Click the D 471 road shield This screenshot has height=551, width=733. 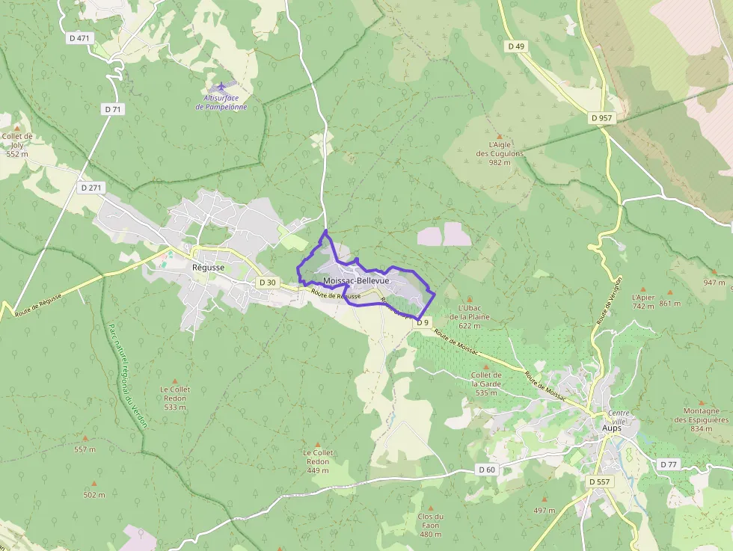(78, 38)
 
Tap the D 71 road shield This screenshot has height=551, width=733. (113, 109)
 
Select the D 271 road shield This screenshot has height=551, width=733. (91, 188)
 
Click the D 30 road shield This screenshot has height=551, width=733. (267, 283)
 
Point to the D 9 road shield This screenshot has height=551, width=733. (423, 322)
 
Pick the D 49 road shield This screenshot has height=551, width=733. (516, 46)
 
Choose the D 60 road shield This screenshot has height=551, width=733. (486, 470)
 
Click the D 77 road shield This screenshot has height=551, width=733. (668, 464)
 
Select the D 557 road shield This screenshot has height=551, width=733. (600, 481)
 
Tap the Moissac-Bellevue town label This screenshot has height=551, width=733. (356, 280)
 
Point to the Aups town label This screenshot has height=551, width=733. (611, 428)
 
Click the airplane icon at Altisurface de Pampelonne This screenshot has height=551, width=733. (221, 87)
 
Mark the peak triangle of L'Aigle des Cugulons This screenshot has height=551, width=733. (499, 136)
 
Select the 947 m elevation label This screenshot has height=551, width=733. (714, 283)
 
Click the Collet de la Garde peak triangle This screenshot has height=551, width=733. (486, 367)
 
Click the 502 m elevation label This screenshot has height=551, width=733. (94, 495)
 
